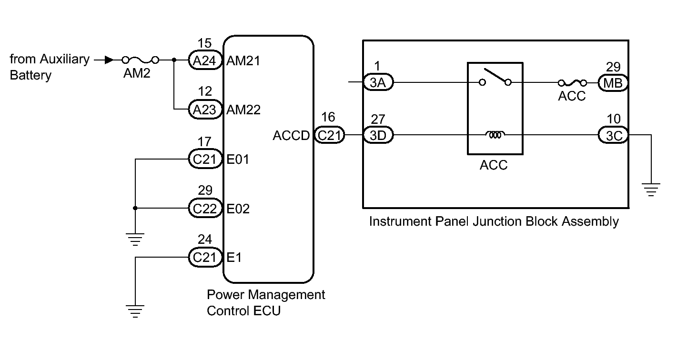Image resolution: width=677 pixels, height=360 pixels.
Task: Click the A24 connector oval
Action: [x=205, y=60]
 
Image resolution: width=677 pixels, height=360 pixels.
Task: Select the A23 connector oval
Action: [x=205, y=110]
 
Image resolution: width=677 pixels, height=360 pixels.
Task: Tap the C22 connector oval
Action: [x=205, y=209]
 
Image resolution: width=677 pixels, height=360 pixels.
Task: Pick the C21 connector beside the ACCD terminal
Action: [x=329, y=136]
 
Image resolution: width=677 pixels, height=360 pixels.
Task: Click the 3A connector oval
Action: [x=378, y=82]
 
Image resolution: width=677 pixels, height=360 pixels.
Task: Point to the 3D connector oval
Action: [x=378, y=136]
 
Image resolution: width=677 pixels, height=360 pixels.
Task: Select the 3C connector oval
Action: [x=613, y=136]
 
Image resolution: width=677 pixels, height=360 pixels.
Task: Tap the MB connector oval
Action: [x=613, y=82]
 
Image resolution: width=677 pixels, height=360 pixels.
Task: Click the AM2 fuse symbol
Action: [x=141, y=60]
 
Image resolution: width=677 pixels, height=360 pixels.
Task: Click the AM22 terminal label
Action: [x=243, y=110]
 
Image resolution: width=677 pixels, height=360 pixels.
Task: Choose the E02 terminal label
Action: [x=238, y=209]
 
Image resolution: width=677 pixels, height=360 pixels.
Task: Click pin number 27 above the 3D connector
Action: [x=378, y=119]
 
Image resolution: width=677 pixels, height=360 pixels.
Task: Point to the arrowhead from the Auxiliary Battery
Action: [x=109, y=60]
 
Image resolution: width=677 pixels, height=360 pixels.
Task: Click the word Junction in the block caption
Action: [x=491, y=221]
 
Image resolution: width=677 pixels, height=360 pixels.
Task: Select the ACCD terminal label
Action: [x=292, y=136]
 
